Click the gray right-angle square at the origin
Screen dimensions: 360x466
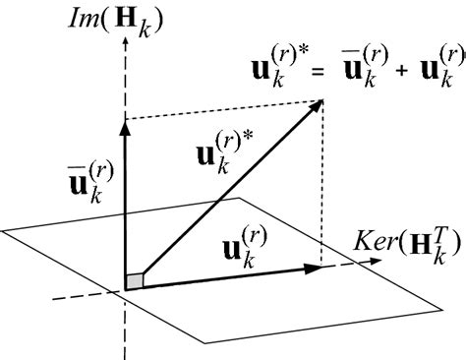click(x=136, y=283)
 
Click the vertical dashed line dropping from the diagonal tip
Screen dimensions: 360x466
click(x=323, y=187)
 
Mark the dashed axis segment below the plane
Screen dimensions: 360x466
click(x=126, y=330)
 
